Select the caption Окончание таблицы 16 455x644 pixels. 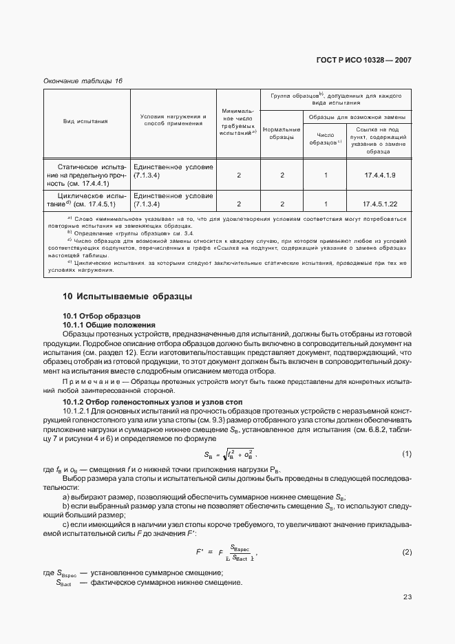point(83,81)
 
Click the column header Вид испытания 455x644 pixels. point(85,121)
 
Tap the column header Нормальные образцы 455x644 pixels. point(282,133)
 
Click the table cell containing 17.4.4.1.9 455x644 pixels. point(380,175)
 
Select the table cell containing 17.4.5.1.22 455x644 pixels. point(380,204)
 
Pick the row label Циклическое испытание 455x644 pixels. point(85,200)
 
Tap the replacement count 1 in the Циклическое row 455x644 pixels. point(326,204)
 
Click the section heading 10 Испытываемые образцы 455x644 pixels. point(127,297)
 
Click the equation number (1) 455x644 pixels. point(406,453)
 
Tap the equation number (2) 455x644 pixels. point(406,552)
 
